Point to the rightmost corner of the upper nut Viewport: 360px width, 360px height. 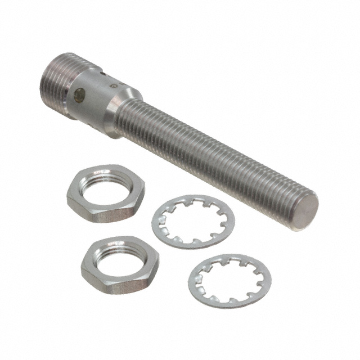click(144, 195)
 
